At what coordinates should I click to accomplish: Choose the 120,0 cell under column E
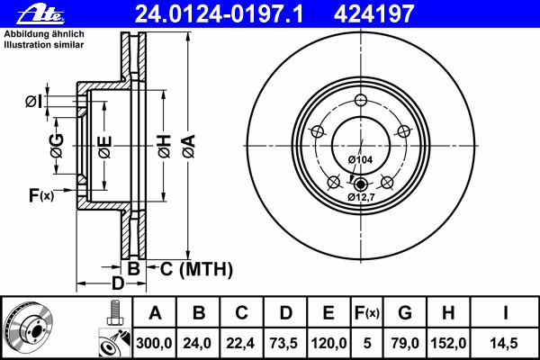pyautogui.click(x=329, y=343)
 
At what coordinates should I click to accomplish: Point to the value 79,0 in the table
pyautogui.click(x=405, y=343)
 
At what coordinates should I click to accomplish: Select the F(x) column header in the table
pyautogui.click(x=367, y=313)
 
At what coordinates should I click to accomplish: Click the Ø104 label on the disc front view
pyautogui.click(x=360, y=159)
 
